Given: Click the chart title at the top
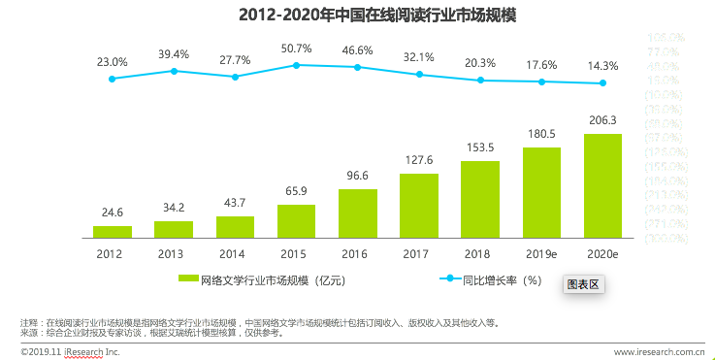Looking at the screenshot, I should (x=357, y=16).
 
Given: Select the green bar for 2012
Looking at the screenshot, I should (x=113, y=232).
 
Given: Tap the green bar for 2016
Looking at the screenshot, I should (x=358, y=213).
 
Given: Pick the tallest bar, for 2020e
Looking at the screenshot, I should (x=603, y=185).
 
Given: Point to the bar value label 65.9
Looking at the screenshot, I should (x=296, y=191).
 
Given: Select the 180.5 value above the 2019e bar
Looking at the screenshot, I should (x=541, y=134).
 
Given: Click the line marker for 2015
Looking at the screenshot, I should (x=296, y=65).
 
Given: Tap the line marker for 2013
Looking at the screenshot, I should (x=174, y=71).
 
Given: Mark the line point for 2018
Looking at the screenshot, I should (x=480, y=81).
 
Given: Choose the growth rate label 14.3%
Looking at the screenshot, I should (x=603, y=66).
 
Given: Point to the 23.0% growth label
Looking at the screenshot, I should (x=113, y=61).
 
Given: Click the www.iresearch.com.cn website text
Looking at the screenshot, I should (x=659, y=351).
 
